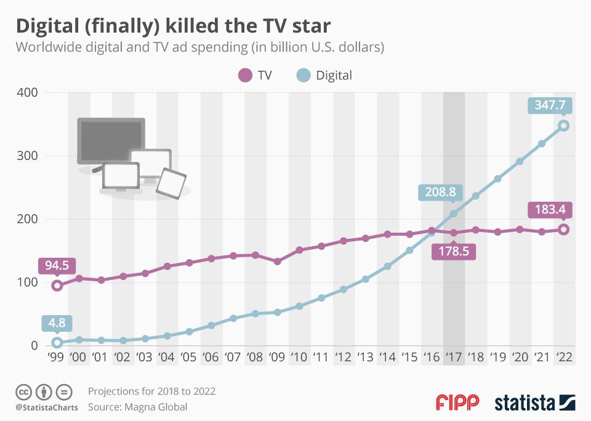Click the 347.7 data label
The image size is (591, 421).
coord(550,105)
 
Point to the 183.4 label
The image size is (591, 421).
coord(550,209)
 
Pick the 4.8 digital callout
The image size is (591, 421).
coord(57,323)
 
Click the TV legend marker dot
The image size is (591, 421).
coord(245,76)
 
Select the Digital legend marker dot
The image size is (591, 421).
coord(302,76)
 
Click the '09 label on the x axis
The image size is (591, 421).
coord(277,358)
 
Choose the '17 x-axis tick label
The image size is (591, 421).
coord(454,358)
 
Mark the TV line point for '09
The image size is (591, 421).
coord(277,262)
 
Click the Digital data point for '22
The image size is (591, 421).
coord(563,126)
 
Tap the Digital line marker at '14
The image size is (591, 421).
coord(387,267)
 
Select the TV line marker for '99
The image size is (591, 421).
coord(57,286)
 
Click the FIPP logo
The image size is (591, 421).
coord(457,403)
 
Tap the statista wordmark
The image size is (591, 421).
coord(525,403)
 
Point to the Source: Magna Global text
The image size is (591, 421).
coord(137,407)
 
